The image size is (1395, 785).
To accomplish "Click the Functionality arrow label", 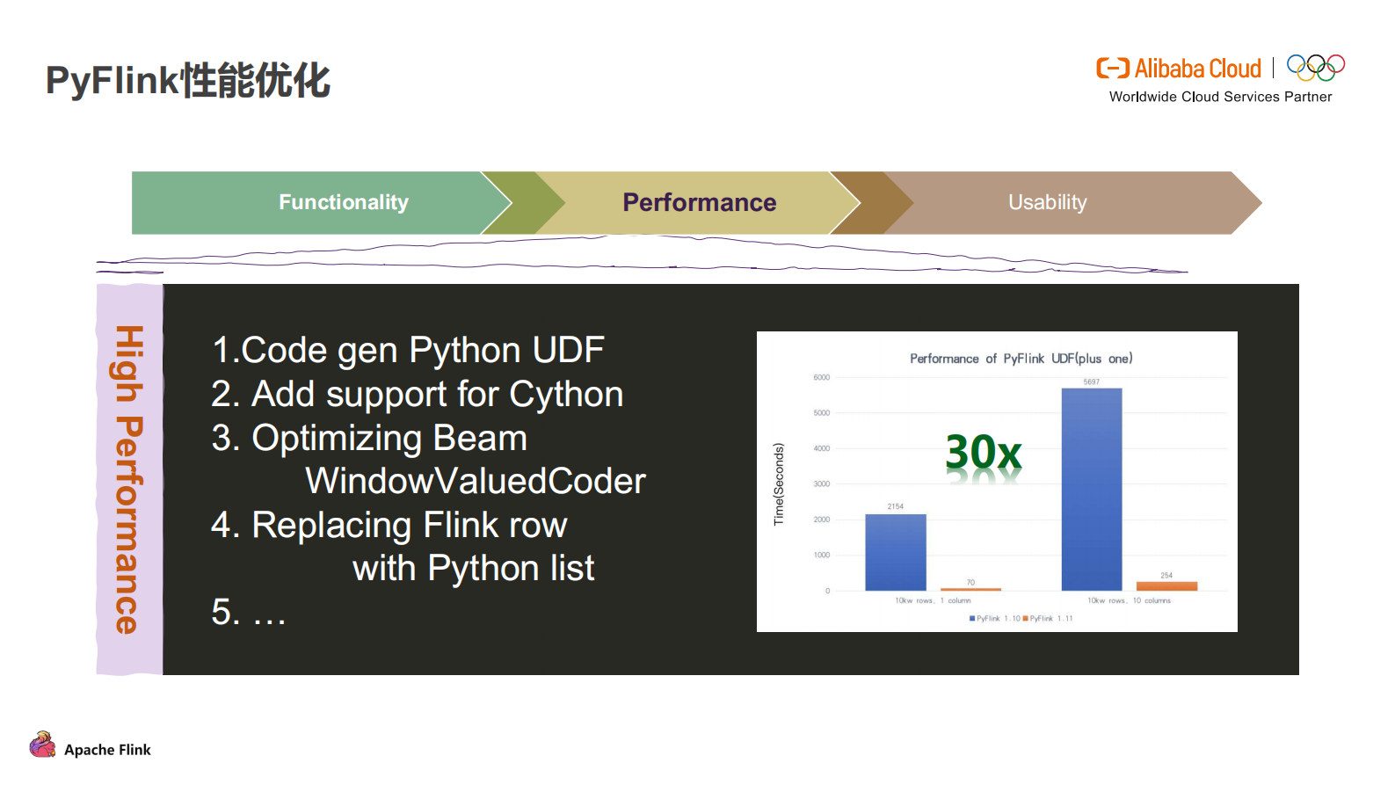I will [344, 202].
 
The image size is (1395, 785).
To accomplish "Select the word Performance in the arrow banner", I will [699, 202].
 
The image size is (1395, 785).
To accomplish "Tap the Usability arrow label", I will [1047, 202].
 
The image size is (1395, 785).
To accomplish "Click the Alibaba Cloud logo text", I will [1196, 69].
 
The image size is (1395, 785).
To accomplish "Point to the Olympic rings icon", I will [1315, 68].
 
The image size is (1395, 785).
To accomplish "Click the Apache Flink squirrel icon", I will [42, 745].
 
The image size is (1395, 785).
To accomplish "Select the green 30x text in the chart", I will [983, 453].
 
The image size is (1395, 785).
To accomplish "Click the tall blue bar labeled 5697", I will [1091, 489].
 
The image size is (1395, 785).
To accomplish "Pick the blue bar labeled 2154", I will [895, 552].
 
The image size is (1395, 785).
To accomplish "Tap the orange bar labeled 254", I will [1166, 585].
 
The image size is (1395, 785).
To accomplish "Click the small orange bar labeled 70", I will [970, 589].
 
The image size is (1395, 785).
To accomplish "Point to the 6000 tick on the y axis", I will [821, 377].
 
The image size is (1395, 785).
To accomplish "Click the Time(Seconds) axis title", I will [778, 484].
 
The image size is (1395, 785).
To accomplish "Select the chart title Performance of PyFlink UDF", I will [1021, 359].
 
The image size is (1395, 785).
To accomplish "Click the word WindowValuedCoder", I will [475, 481].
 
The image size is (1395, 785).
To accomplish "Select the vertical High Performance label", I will [128, 479].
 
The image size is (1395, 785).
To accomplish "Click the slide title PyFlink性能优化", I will [187, 80].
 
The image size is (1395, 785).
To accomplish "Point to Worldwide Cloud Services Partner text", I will [1220, 97].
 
